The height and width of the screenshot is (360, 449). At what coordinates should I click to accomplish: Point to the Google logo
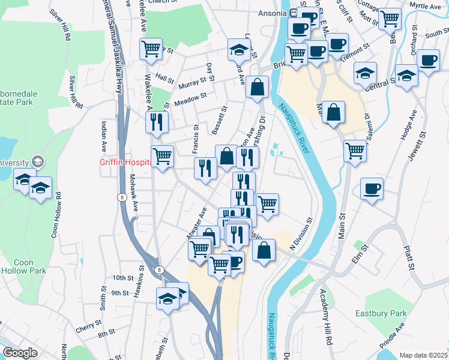point(20,353)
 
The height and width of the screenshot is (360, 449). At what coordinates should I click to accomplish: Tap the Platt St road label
point(411,252)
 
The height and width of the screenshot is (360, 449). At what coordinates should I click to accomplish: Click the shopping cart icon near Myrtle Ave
point(390,19)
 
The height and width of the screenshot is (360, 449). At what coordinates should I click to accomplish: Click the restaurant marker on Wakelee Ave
point(157,122)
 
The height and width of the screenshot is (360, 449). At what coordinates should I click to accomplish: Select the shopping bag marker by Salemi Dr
point(333,112)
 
